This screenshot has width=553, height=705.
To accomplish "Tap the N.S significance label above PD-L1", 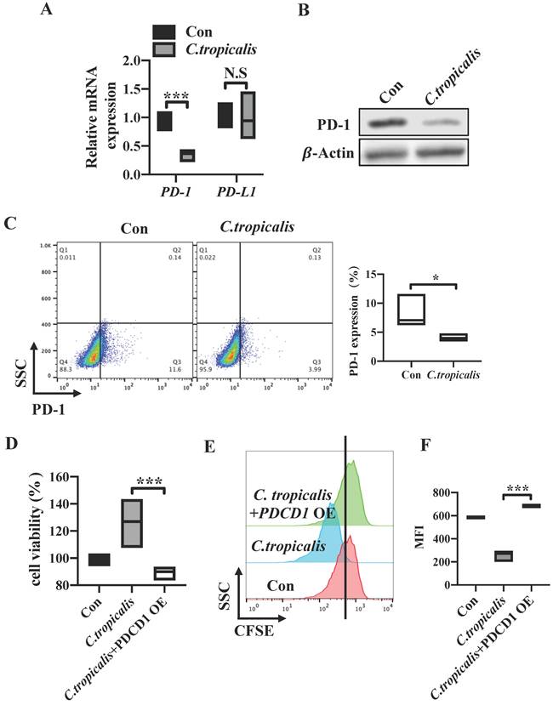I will [x=235, y=75].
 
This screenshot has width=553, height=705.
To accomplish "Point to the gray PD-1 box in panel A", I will [x=186, y=155].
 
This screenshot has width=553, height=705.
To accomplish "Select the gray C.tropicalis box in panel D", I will [x=131, y=523].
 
